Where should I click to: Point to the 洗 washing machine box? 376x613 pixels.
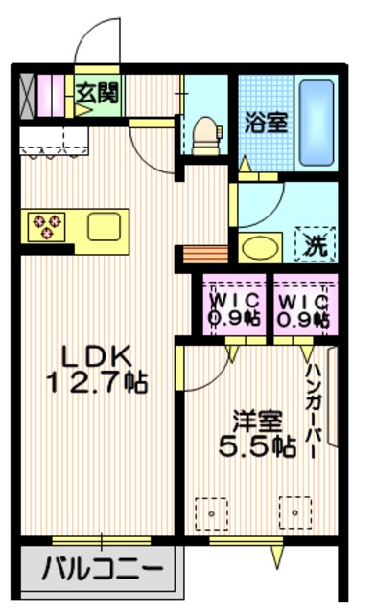pyautogui.click(x=314, y=244)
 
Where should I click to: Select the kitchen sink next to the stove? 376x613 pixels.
pyautogui.click(x=103, y=227)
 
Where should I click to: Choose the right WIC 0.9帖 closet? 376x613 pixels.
pyautogui.click(x=301, y=306)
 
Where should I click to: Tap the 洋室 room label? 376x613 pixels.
pyautogui.click(x=256, y=419)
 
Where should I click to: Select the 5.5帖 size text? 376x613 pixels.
pyautogui.click(x=256, y=447)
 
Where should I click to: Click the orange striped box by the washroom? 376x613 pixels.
pyautogui.click(x=201, y=257)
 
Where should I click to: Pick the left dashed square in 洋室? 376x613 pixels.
pyautogui.click(x=211, y=512)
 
